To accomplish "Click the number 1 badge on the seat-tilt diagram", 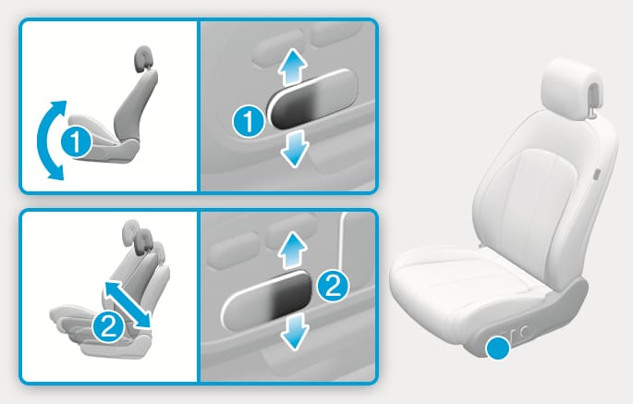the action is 76,141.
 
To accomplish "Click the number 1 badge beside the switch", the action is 249,121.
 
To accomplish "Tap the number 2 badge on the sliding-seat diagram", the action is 108,326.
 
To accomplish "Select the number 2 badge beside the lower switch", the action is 333,286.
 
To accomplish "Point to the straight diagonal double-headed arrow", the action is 128,305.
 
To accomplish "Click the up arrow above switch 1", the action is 293,67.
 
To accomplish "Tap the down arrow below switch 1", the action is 295,149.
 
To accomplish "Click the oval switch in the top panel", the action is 311,99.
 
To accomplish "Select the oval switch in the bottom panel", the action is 266,299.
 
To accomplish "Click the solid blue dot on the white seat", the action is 498,349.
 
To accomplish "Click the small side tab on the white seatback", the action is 596,175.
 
